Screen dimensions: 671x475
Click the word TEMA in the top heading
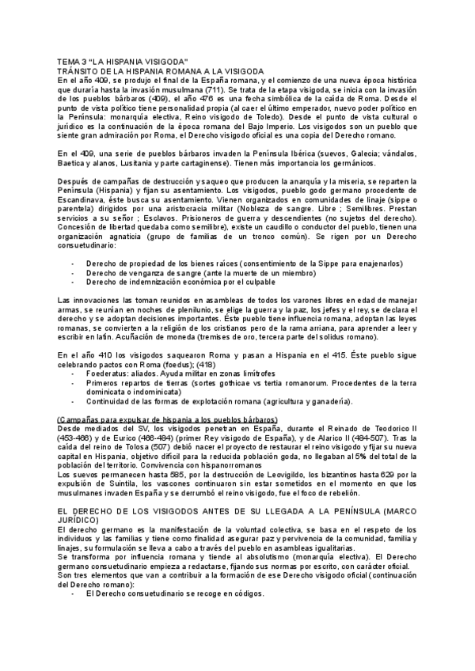coord(69,62)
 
